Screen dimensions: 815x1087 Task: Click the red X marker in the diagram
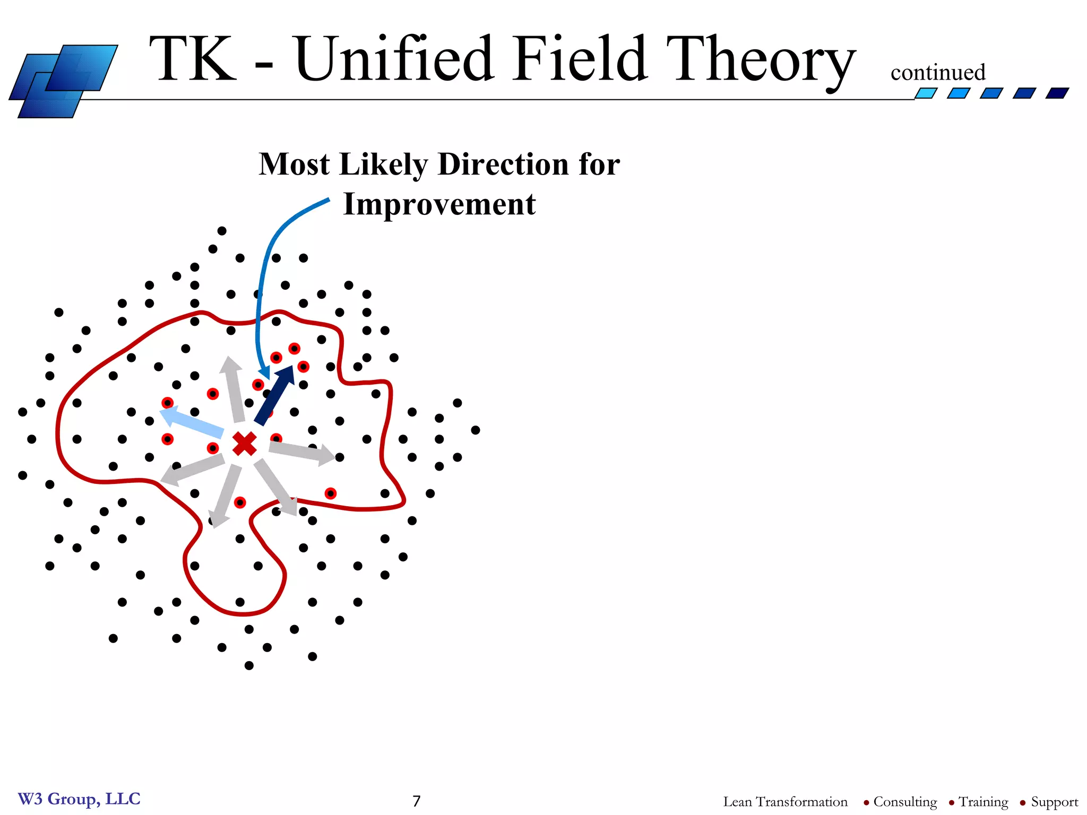click(245, 444)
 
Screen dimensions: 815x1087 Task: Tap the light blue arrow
click(192, 421)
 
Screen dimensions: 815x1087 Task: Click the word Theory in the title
click(761, 59)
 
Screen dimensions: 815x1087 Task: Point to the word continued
click(938, 73)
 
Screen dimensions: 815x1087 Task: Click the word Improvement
click(439, 204)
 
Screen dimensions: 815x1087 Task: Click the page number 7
click(417, 801)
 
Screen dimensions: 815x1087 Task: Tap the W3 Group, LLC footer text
click(79, 799)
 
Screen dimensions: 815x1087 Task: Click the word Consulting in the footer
click(905, 801)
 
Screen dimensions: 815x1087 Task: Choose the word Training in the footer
click(984, 801)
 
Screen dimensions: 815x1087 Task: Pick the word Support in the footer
click(1054, 801)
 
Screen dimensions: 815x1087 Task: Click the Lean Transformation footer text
click(785, 801)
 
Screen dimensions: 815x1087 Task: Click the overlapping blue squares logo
click(64, 81)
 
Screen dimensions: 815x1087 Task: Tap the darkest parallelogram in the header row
click(1057, 93)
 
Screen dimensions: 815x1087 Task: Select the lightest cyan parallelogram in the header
click(926, 93)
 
